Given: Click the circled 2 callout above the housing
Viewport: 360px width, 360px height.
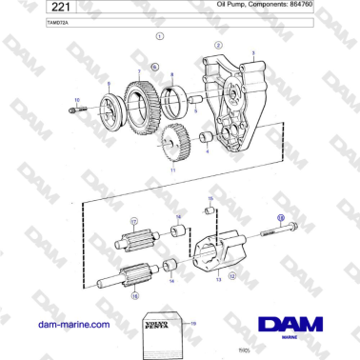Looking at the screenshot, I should point(219,45).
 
